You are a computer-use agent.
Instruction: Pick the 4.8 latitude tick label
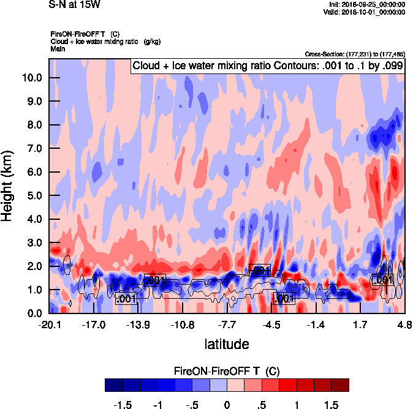click(x=404, y=325)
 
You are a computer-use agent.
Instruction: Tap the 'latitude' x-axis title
click(x=226, y=343)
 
